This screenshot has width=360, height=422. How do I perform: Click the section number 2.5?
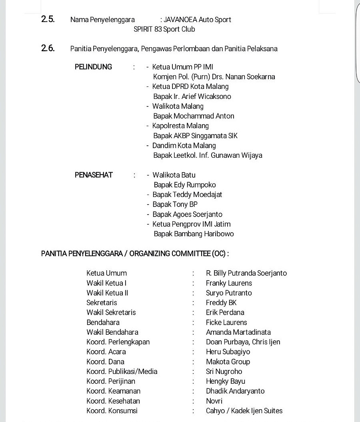[48, 19]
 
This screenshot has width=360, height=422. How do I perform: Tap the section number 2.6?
[48, 49]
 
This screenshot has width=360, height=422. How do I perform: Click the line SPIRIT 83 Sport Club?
[164, 29]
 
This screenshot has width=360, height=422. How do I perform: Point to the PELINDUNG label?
[93, 67]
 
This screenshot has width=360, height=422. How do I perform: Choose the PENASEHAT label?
[94, 175]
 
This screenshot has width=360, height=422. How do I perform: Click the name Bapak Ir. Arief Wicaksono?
[192, 96]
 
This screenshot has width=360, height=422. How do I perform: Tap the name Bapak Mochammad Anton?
[194, 116]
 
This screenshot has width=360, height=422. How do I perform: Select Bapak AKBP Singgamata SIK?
[195, 136]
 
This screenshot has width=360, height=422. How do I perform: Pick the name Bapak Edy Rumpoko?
[185, 185]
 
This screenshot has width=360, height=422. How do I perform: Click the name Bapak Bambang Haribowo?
[194, 234]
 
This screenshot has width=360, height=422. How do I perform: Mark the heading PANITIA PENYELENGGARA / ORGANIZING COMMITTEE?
[135, 253]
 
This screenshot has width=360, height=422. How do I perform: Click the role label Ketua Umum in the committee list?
[106, 273]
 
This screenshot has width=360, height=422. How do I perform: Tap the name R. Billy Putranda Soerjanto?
[246, 273]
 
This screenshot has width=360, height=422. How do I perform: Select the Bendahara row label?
[103, 322]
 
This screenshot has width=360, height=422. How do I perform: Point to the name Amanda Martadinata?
[238, 332]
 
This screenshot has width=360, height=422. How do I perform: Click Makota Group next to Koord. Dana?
[228, 362]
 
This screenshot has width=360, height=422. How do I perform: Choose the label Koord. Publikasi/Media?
[122, 372]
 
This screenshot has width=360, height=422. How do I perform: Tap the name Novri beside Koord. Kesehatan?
[214, 401]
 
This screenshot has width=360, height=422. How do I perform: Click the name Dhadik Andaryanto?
[235, 391]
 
